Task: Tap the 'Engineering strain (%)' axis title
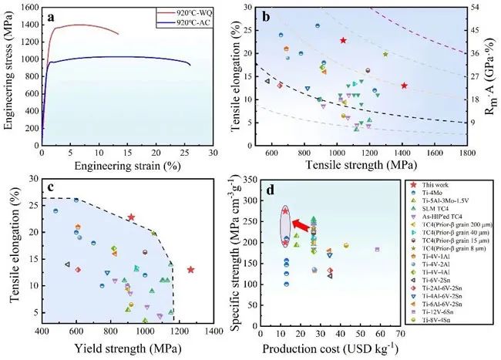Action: pos(127,166)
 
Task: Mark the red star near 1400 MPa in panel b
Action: pos(404,86)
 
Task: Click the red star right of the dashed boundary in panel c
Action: pos(190,270)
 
